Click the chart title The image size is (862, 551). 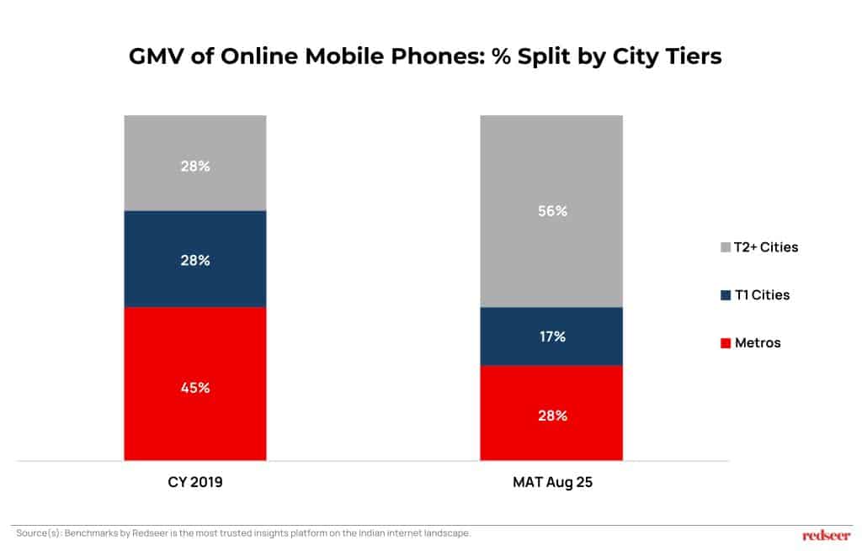tap(425, 56)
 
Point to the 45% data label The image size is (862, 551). tap(195, 388)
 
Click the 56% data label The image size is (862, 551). tap(552, 211)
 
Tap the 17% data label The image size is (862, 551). tap(552, 336)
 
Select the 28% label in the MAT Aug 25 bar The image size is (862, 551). tap(552, 416)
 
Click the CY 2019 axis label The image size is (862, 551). tap(195, 485)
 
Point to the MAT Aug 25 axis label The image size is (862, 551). tap(551, 485)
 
